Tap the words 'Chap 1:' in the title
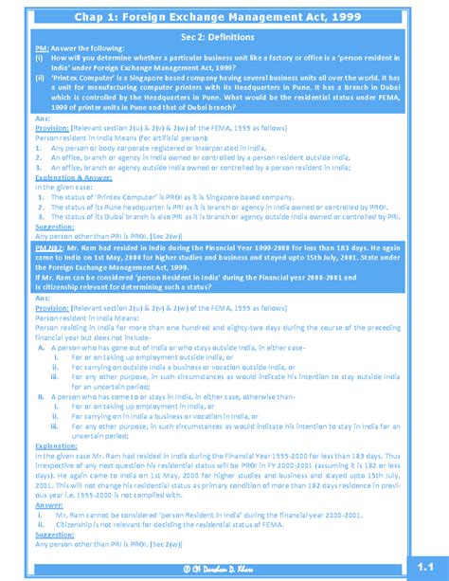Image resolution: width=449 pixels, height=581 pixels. pos(113,13)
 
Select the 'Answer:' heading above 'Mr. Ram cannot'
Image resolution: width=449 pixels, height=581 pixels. pos(48,505)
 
